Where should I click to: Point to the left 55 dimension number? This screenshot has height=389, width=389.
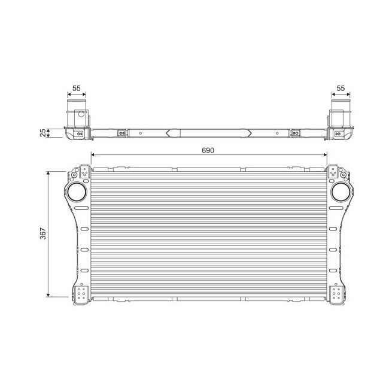point(76,88)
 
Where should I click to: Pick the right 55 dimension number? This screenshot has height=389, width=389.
point(341,88)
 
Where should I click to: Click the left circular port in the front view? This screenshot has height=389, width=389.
point(77,192)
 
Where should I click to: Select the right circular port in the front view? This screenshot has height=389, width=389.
point(341,192)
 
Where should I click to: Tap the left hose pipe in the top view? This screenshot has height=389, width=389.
point(77,114)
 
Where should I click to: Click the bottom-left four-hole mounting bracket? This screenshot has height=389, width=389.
point(82,294)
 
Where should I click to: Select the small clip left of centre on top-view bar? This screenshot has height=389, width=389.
point(123,132)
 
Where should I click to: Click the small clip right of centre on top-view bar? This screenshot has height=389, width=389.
point(294,132)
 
